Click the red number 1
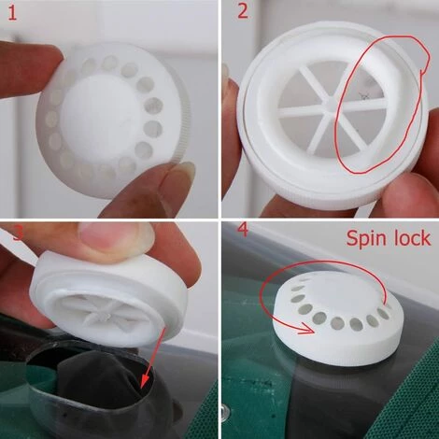coord(12,13)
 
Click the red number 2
coord(243,11)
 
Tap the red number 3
coord(18,234)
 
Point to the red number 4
coord(243,230)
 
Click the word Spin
coord(366,239)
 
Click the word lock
coord(412,237)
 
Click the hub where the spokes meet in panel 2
coord(331,105)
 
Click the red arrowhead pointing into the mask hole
coord(145,381)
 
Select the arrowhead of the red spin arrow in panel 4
coord(306,329)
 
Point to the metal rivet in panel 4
coord(226,412)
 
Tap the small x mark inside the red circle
coord(362,95)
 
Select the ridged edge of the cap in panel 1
coord(184,123)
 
